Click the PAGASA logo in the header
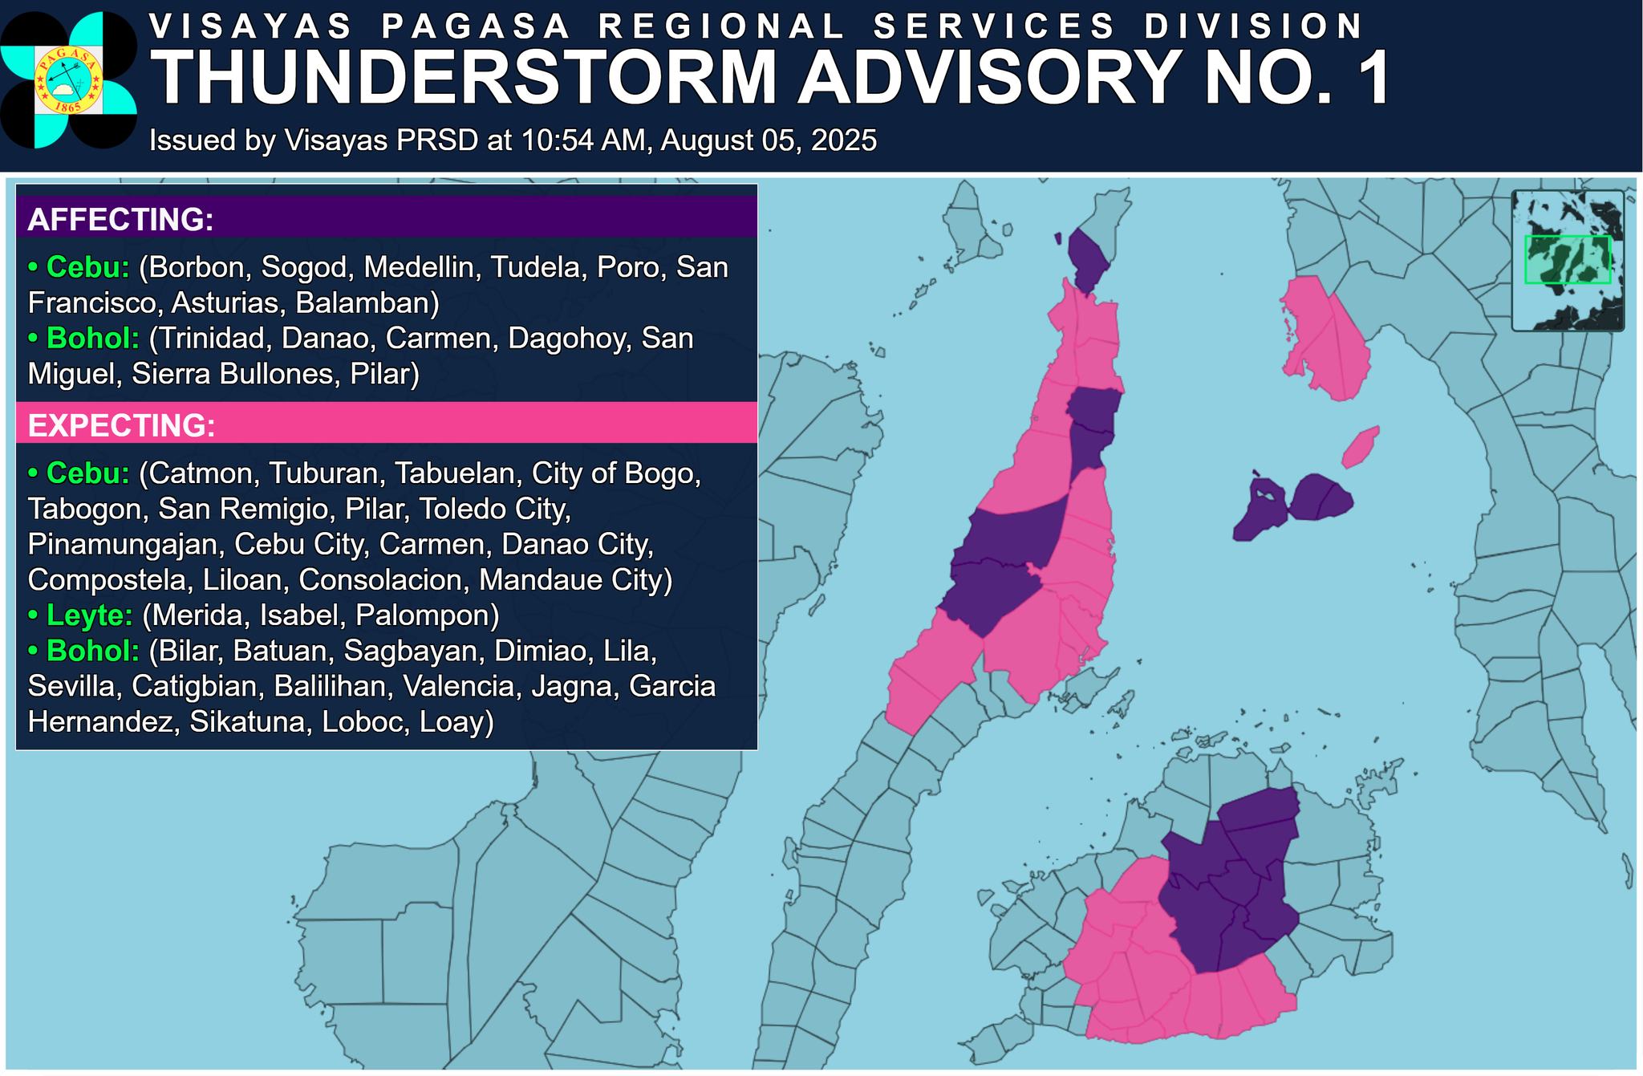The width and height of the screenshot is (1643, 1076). coord(68,80)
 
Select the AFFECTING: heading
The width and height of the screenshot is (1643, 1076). coord(120,219)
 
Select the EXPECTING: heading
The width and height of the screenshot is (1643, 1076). coord(121,425)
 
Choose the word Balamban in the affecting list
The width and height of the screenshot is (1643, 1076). coord(366,302)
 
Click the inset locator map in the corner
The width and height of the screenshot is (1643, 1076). coord(1567,260)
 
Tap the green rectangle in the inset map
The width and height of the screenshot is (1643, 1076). coord(1567,259)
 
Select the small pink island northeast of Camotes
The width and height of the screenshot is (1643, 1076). coord(1360,447)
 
